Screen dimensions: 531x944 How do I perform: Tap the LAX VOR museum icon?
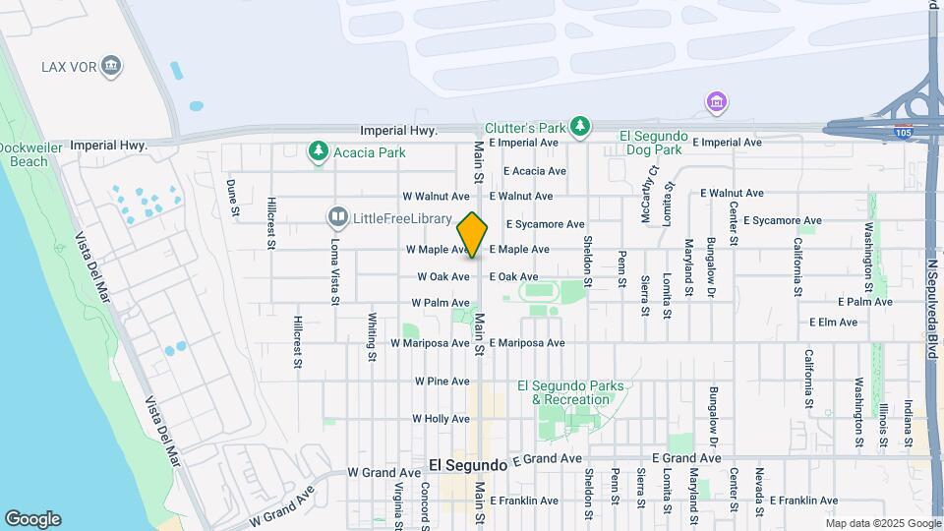[111, 67]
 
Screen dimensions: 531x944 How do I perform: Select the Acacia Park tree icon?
[318, 151]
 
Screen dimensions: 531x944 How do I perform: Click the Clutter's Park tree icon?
[582, 126]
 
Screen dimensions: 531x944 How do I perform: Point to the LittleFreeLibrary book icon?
[338, 216]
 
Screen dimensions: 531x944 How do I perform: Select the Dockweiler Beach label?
[24, 154]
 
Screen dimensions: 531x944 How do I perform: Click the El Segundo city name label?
[468, 464]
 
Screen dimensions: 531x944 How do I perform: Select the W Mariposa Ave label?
[430, 343]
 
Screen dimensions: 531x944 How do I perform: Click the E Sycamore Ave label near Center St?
[782, 220]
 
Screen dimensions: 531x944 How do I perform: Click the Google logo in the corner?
[32, 518]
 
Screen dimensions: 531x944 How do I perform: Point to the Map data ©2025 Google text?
[882, 523]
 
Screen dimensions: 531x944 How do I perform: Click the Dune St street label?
[234, 197]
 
